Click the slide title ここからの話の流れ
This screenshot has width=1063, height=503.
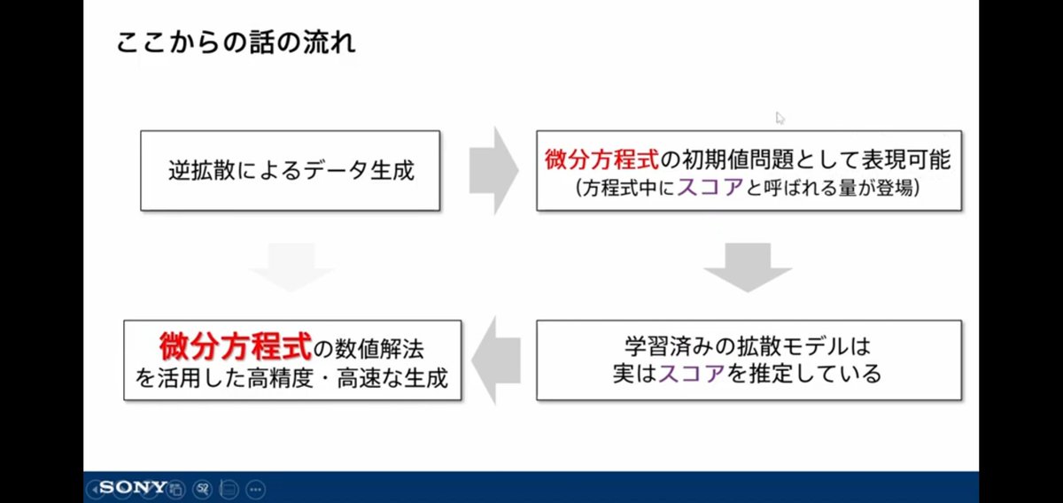pyautogui.click(x=237, y=43)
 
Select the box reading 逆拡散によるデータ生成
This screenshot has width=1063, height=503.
pyautogui.click(x=291, y=170)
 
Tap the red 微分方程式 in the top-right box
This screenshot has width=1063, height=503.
pyautogui.click(x=601, y=160)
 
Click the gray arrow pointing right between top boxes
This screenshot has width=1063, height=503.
pyautogui.click(x=493, y=169)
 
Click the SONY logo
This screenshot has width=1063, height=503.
pyautogui.click(x=133, y=487)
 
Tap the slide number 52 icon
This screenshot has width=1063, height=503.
pyautogui.click(x=203, y=488)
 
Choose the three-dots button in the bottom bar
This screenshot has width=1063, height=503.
pyautogui.click(x=256, y=488)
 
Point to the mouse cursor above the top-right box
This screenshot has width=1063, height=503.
pyautogui.click(x=780, y=118)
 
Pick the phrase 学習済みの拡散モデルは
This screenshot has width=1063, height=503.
pyautogui.click(x=748, y=344)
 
